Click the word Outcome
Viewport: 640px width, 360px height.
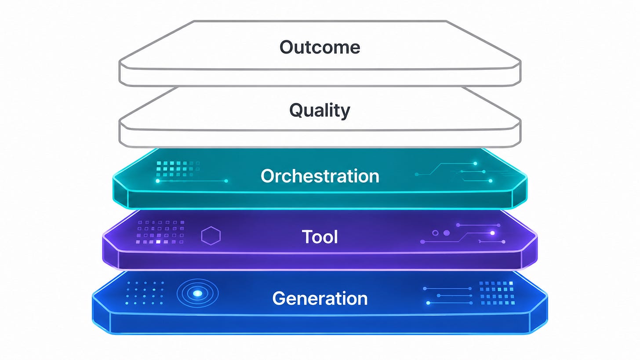320,47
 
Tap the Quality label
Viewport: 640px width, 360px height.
320,110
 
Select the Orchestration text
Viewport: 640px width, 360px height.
320,176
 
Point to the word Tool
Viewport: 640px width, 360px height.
320,237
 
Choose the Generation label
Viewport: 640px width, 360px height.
320,298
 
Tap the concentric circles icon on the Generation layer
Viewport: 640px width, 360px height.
198,294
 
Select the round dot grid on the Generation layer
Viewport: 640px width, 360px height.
145,293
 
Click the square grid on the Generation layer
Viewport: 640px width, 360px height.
497,293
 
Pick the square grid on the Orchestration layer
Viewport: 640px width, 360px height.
178,169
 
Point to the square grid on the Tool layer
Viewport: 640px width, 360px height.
160,232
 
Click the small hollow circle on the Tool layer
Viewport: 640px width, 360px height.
435,233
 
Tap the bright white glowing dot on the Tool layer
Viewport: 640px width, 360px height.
492,233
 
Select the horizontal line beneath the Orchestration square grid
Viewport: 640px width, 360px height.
192,181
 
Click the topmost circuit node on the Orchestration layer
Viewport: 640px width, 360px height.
475,164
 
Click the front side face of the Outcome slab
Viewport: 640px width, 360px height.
320,77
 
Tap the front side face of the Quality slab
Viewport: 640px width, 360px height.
320,139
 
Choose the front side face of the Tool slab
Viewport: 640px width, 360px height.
320,261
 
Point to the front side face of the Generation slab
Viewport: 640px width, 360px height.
320,324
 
